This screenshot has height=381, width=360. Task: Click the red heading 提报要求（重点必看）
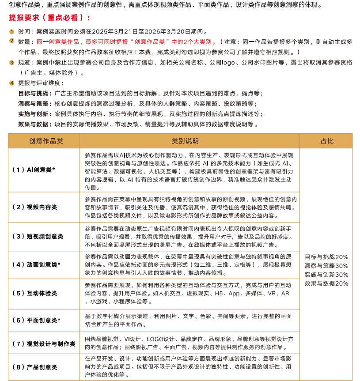coord(49,19)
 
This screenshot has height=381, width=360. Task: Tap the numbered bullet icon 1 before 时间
coord(12,32)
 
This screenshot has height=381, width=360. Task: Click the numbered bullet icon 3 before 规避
coord(12,63)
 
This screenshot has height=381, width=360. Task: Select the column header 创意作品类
coord(43,141)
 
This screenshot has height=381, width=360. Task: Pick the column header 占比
coord(326,141)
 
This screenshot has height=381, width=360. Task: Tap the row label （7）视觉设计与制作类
coord(44,343)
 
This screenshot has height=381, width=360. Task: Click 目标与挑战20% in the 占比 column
coord(326,257)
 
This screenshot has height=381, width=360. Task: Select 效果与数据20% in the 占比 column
coord(326,283)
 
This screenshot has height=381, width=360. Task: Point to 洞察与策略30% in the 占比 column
coord(326,266)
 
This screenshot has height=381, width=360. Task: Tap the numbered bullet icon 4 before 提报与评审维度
coord(12,83)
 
